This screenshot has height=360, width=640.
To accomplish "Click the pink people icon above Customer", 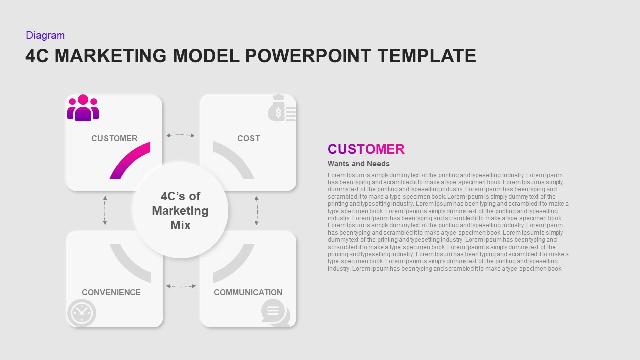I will (83, 108).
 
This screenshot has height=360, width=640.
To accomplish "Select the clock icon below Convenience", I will (81, 313).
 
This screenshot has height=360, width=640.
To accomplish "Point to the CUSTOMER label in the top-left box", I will (114, 138).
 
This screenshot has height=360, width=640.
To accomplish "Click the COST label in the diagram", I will (248, 138).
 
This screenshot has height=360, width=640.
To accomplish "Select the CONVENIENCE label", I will (111, 292).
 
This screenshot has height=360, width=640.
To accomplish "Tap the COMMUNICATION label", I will (248, 292).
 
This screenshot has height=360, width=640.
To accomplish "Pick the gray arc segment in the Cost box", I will (234, 160).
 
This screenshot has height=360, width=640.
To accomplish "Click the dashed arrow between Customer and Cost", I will (180, 135).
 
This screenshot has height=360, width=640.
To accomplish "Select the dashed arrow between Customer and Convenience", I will (105, 210).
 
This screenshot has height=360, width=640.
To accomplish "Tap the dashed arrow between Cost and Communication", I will (257, 210).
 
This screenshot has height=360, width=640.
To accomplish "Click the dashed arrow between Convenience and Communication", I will (180, 286).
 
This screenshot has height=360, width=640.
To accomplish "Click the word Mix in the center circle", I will (180, 225).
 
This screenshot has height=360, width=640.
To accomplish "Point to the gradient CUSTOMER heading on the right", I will (366, 149).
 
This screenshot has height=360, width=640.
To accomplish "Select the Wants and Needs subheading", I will (358, 164).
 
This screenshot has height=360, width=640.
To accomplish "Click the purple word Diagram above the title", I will (45, 35).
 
